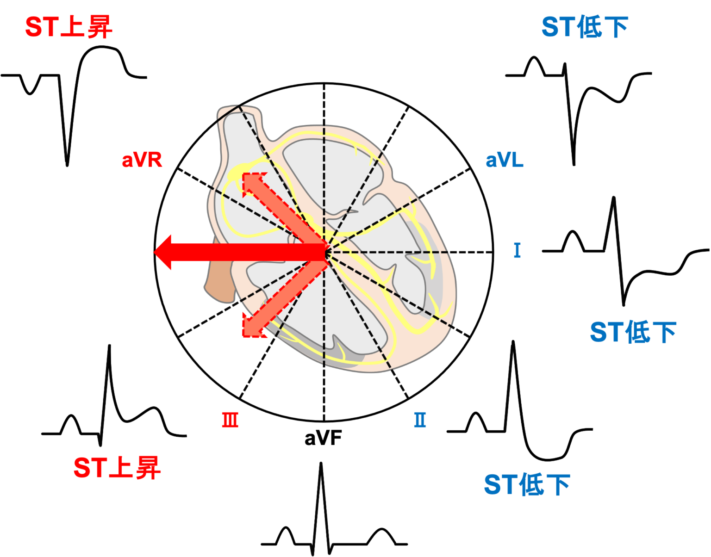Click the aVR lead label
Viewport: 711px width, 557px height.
click(x=142, y=160)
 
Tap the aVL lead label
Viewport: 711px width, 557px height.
click(x=504, y=160)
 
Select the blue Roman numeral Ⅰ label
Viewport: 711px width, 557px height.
click(x=517, y=250)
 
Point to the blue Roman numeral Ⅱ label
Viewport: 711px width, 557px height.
click(x=420, y=420)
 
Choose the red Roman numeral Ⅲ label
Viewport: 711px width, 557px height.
click(x=230, y=420)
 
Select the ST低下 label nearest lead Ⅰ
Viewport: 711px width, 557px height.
click(x=633, y=332)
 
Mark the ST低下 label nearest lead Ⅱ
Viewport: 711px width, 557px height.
click(x=527, y=484)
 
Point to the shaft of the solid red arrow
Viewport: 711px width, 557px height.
click(x=245, y=252)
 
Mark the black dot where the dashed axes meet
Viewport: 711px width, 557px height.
click(x=325, y=252)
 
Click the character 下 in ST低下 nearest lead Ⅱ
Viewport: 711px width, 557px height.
click(x=558, y=484)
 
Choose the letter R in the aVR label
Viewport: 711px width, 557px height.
click(x=156, y=160)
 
